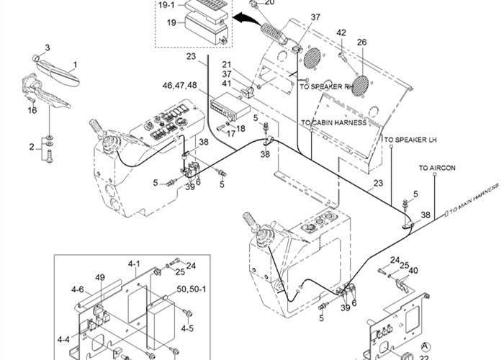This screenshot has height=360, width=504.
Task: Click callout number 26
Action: [361, 42]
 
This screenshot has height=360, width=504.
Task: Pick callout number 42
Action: [341, 33]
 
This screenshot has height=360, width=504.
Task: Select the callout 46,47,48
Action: [179, 85]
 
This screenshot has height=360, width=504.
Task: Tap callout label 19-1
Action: [167, 4]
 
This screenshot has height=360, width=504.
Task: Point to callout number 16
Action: [32, 110]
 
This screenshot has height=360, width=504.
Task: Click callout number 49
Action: [100, 278]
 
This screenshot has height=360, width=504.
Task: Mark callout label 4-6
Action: [77, 289]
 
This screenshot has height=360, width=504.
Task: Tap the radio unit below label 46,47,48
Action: [229, 109]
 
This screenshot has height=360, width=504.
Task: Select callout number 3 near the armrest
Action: [48, 48]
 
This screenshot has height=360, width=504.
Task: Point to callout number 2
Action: [32, 148]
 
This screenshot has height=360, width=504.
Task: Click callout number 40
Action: [413, 270]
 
